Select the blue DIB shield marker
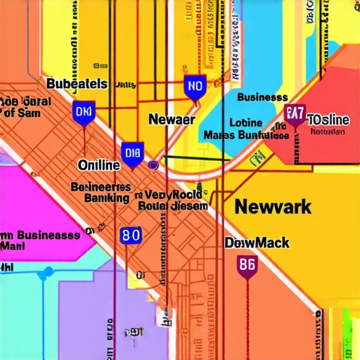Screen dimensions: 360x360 (x=132, y=153)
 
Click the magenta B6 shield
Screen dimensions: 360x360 (x=247, y=266)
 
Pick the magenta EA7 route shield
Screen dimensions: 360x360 (x=295, y=114)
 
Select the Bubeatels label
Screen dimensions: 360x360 (x=77, y=84)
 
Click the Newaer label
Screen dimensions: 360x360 (x=171, y=120)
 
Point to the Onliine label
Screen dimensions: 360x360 (x=98, y=165)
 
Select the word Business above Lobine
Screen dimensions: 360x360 (x=262, y=98)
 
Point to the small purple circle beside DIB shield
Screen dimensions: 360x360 (x=153, y=165)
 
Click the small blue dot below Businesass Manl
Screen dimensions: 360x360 (x=48, y=270)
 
